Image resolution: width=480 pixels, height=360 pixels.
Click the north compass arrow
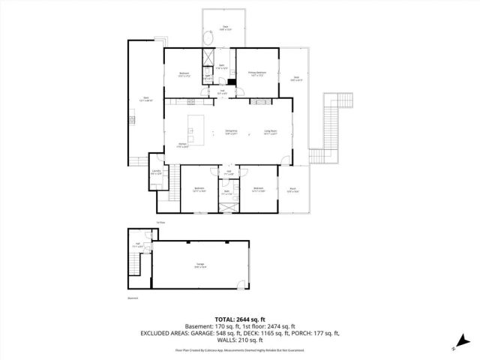pyautogui.click(x=455, y=343)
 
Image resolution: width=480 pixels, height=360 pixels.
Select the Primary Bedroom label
pyautogui.click(x=256, y=73)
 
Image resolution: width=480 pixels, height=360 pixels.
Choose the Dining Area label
pyautogui.click(x=231, y=132)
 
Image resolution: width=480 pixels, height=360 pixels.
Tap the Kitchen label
pyautogui.click(x=182, y=145)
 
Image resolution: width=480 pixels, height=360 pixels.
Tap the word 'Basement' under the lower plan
pyautogui.click(x=133, y=298)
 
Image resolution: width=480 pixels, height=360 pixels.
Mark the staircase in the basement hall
pyautogui.click(x=136, y=264)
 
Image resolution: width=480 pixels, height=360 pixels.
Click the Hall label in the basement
pyautogui.click(x=136, y=245)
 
